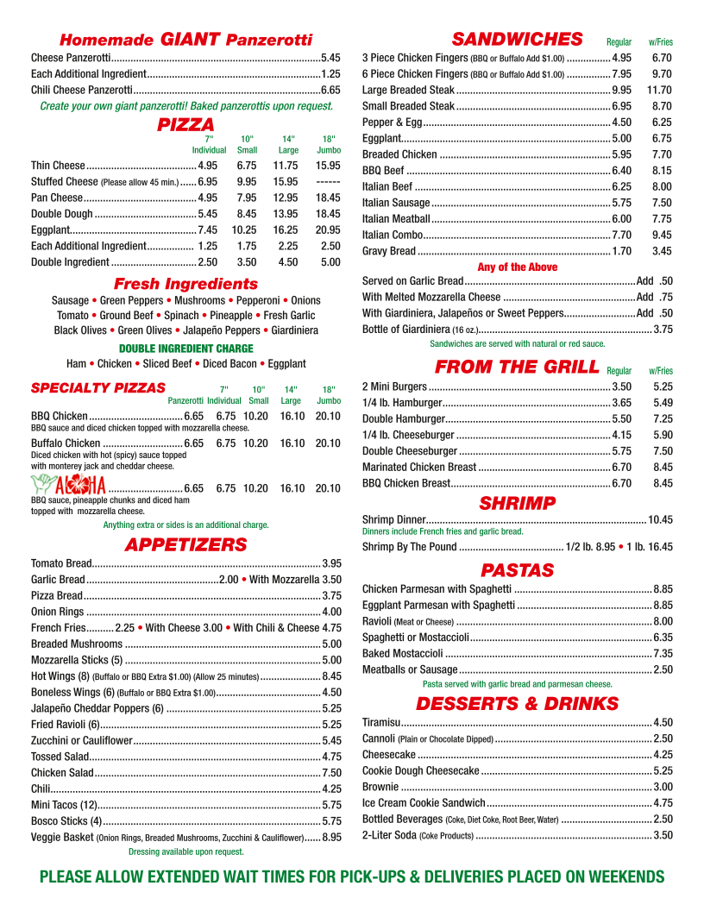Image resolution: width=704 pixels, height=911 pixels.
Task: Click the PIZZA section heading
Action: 185,125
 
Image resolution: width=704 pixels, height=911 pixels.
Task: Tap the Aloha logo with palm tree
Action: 69,486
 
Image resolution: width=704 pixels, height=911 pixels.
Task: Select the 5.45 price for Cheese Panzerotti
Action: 330,58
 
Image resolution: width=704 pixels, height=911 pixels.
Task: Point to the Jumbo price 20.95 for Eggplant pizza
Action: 328,230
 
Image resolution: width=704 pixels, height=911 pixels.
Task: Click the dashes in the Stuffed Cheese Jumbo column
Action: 328,182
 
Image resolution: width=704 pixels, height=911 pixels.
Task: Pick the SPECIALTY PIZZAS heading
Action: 92,387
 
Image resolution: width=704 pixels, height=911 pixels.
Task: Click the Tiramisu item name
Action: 380,722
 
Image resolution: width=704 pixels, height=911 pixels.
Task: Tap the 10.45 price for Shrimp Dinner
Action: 660,519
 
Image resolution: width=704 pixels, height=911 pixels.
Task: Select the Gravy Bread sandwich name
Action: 388,251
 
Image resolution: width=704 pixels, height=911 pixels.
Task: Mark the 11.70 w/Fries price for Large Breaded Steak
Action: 659,90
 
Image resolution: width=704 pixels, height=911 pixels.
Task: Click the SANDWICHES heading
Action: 517,39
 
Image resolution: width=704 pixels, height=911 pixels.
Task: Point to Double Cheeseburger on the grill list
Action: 409,451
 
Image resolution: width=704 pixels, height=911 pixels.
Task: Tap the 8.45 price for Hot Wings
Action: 331,676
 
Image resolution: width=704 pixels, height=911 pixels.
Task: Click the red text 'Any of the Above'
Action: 517,267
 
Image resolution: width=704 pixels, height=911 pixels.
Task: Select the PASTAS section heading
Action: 517,570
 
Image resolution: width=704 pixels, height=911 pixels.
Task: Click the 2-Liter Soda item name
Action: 389,835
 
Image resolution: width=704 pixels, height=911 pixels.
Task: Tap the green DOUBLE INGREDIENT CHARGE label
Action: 185,349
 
